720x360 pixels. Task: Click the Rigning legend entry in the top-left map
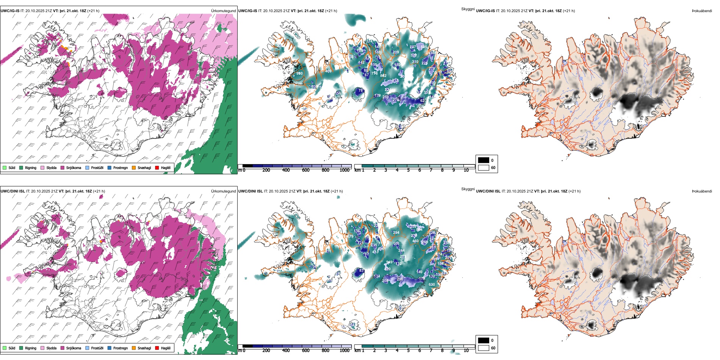click(30, 168)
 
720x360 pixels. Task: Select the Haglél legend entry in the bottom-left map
click(166, 348)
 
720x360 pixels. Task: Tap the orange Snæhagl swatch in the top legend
click(134, 168)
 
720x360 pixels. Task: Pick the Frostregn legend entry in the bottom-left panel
click(120, 348)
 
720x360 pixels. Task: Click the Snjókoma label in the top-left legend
click(74, 168)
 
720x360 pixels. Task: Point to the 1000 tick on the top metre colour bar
click(344, 170)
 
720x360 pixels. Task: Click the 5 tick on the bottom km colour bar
click(409, 351)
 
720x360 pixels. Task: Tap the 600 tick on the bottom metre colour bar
click(305, 351)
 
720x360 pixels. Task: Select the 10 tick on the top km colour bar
click(466, 170)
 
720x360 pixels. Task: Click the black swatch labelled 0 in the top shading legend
click(484, 160)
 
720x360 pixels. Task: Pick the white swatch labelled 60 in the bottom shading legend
click(484, 348)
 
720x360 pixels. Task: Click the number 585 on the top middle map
click(424, 47)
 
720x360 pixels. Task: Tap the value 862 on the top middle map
click(383, 76)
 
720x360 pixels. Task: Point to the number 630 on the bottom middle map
click(432, 285)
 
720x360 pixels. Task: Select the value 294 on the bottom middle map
click(396, 233)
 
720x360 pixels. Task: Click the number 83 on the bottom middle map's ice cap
click(362, 271)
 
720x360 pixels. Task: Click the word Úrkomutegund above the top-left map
click(223, 11)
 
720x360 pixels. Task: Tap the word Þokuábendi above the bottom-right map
click(702, 191)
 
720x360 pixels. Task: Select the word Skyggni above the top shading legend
click(468, 9)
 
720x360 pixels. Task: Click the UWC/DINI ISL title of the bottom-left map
click(13, 191)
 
